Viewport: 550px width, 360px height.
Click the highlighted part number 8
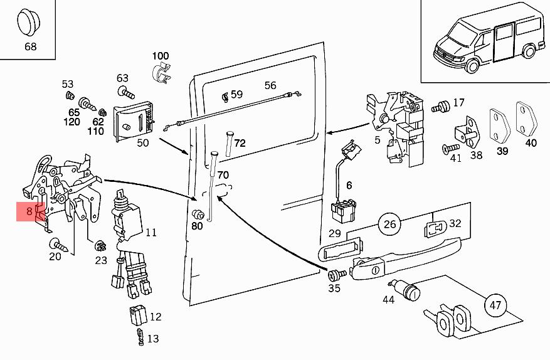coord(29,212)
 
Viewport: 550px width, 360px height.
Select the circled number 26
coord(389,224)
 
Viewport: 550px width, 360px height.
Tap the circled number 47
coord(495,305)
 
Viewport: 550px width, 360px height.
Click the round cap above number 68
coord(29,23)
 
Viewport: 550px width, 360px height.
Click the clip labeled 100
coord(161,73)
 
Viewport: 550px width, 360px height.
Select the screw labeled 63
coord(127,94)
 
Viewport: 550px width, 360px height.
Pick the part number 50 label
coord(143,143)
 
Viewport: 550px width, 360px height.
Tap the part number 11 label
coord(151,233)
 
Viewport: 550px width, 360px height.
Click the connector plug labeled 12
coord(137,314)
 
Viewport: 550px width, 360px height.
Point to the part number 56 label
coord(270,85)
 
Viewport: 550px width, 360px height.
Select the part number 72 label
coord(240,143)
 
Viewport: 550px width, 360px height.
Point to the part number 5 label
coord(378,140)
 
